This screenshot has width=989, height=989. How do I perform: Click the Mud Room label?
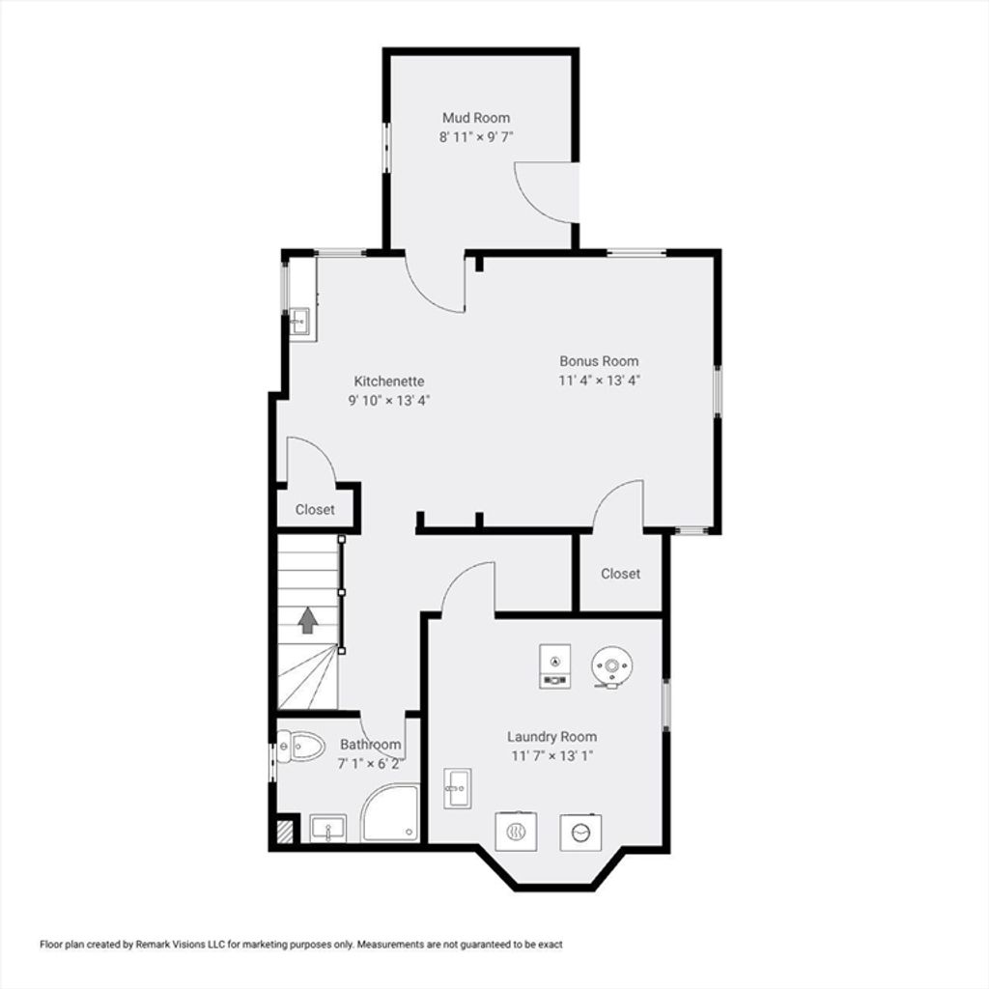tap(475, 118)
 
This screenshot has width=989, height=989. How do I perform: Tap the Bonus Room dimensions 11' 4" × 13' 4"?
tap(599, 381)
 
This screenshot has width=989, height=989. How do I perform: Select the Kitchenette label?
tap(388, 381)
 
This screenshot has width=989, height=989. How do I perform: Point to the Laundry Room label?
tap(551, 736)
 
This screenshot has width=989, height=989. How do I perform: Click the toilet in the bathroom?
tap(300, 747)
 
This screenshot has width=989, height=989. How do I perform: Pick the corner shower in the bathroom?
tap(391, 813)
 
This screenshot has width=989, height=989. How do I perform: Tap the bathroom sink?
tap(328, 828)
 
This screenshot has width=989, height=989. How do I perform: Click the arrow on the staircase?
tap(308, 620)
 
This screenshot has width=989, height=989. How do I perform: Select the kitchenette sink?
tap(299, 322)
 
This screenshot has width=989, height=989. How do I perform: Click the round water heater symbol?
tap(611, 666)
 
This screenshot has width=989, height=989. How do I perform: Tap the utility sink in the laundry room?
tap(458, 788)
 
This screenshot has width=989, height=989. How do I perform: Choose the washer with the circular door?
tap(580, 833)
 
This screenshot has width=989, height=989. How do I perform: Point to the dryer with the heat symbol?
tap(516, 832)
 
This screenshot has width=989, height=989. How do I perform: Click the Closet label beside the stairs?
tap(315, 510)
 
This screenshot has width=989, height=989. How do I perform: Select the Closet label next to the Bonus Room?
tap(620, 574)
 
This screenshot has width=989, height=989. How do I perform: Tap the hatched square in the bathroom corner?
tap(286, 831)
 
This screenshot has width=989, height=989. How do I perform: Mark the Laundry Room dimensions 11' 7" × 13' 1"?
tap(551, 755)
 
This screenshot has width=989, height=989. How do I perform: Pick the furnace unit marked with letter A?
tap(555, 666)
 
